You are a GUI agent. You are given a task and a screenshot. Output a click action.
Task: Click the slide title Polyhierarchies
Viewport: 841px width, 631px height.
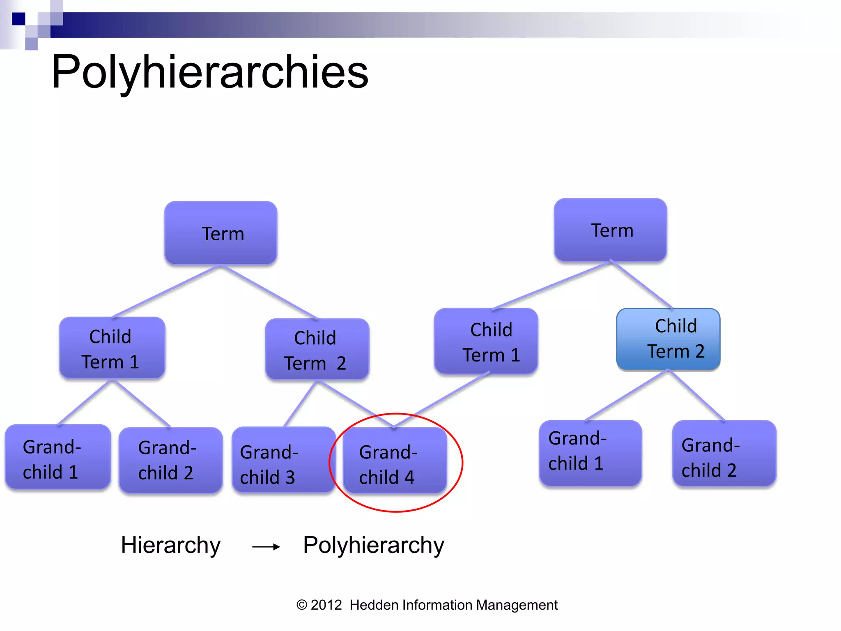point(210,72)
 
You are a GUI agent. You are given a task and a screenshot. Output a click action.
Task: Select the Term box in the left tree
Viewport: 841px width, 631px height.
point(221,233)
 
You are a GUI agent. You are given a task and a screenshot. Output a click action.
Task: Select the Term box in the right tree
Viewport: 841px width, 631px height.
point(610,230)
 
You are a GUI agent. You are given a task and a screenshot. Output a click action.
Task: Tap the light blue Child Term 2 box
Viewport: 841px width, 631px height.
point(668,339)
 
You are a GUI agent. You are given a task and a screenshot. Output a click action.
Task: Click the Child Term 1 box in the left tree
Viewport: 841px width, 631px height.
point(112,348)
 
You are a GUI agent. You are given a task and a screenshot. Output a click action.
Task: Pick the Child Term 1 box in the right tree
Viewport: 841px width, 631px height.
point(486,341)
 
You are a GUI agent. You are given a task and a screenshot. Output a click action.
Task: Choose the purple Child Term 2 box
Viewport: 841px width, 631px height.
point(317,350)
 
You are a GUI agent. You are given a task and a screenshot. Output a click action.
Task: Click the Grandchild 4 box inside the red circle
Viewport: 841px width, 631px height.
point(395,460)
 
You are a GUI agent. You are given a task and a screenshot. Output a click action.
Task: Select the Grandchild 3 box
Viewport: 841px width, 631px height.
point(283,460)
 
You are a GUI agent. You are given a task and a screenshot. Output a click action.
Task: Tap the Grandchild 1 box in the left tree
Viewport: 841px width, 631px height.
point(58,457)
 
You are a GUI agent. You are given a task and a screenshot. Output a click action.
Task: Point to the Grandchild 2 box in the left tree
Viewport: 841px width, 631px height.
point(170,460)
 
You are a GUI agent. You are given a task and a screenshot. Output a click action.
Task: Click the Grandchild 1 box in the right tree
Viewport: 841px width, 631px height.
point(590,453)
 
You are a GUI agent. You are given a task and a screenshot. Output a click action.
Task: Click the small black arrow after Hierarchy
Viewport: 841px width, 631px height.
point(266,547)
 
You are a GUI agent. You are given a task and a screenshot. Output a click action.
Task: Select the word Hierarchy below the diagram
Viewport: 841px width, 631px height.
point(170,546)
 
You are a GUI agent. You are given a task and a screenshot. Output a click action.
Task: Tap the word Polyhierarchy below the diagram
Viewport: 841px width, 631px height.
point(373,546)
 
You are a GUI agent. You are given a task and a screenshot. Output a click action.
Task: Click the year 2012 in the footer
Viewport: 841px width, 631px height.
point(326,605)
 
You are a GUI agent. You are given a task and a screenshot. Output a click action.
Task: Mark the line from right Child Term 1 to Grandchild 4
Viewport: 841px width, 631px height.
point(443,399)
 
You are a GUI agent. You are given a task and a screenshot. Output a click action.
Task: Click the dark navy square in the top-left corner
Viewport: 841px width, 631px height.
point(18,19)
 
